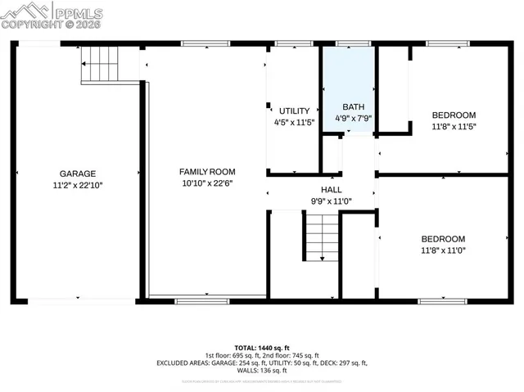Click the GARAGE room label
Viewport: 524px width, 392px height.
[78, 173]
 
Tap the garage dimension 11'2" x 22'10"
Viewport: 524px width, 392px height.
[78, 185]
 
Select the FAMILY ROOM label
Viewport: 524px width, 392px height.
[207, 171]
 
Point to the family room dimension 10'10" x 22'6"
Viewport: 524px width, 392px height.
[207, 183]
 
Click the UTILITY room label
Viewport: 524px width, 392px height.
[294, 110]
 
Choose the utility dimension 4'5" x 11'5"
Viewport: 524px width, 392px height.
[294, 123]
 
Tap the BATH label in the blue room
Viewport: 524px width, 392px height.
[354, 107]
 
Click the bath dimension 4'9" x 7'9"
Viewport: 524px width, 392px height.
[354, 119]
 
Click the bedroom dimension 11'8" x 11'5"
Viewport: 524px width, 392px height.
[454, 127]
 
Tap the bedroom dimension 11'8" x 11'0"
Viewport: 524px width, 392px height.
[442, 250]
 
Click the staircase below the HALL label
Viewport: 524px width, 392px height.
[322, 237]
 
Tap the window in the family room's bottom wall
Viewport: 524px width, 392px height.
[202, 300]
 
